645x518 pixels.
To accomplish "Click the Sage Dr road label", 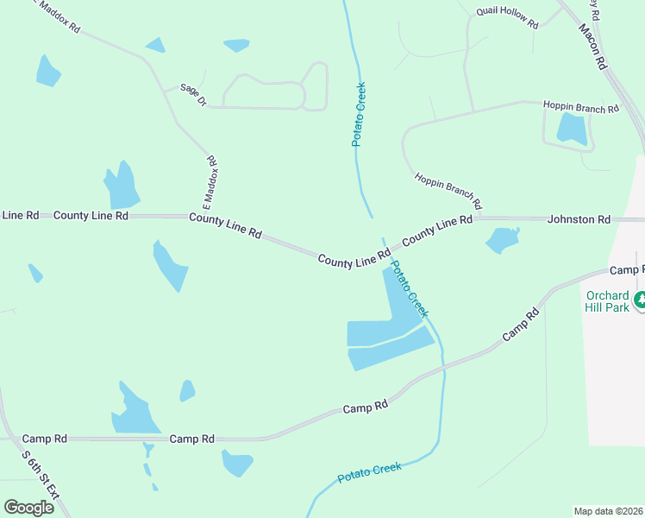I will click(193, 95).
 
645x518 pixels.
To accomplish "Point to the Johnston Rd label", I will click(579, 219).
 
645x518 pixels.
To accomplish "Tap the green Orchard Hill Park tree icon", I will click(640, 300).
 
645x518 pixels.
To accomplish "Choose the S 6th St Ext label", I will click(41, 475).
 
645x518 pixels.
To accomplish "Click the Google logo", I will click(28, 508).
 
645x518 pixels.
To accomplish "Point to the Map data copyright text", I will click(608, 510).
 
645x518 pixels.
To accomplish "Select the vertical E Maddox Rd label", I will click(209, 184).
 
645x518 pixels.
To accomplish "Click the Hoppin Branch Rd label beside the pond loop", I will click(581, 108).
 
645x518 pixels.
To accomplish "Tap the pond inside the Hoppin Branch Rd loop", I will click(572, 129).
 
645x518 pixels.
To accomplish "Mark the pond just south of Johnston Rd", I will click(503, 240).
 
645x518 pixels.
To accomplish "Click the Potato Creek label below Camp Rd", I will click(369, 472).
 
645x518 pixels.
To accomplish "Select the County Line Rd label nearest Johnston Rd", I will click(437, 227).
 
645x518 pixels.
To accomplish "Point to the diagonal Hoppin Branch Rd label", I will click(448, 192).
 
